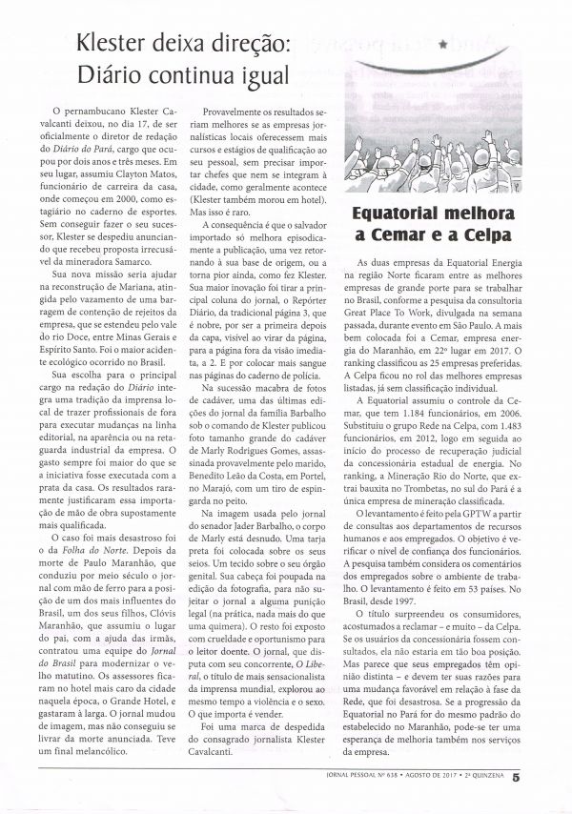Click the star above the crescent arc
tap(442, 44)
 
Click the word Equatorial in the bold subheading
tap(403, 214)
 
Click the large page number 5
tap(542, 778)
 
